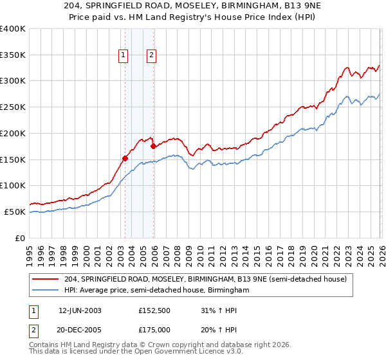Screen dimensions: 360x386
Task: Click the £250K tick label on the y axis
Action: tap(13, 107)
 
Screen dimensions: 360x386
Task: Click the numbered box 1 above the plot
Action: tap(122, 56)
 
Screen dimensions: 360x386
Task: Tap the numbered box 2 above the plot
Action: tap(151, 56)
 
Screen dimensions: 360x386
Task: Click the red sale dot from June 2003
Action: tap(125, 157)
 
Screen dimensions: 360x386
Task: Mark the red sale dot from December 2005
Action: tap(154, 146)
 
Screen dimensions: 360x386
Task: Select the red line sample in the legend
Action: tap(46, 279)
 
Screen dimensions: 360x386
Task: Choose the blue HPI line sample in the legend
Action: tap(46, 291)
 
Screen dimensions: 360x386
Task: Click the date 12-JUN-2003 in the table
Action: tap(80, 310)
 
